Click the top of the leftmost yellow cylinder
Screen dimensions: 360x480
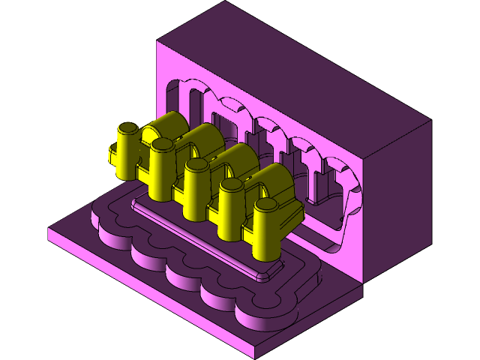[x=128, y=127]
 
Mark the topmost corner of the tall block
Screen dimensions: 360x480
[x=226, y=1]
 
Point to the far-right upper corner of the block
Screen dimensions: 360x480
[x=431, y=120]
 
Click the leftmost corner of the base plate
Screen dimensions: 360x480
[x=49, y=229]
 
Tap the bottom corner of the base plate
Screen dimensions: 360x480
[x=255, y=356]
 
